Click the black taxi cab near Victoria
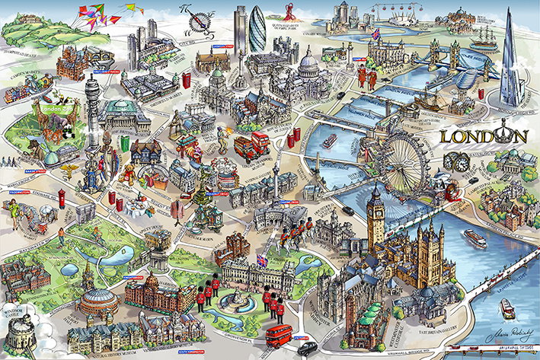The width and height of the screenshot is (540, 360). pos(307,349)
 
